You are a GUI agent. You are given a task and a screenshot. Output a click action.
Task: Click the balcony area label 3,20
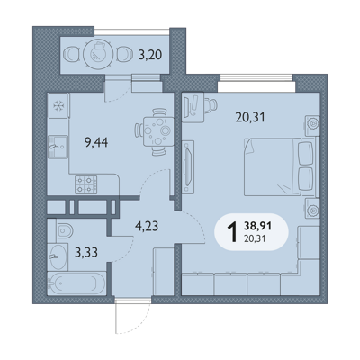coord(150,55)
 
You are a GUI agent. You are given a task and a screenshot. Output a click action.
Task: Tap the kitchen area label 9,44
coord(96,142)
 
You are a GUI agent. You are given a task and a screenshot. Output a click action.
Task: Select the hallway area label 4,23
coord(147,226)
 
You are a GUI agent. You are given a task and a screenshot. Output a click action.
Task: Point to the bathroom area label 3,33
coord(86,253)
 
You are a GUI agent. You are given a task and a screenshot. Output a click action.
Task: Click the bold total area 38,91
coord(258,226)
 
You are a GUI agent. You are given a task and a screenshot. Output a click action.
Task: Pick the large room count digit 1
coord(233,232)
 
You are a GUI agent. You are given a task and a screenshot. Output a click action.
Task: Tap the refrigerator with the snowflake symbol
coord(58,105)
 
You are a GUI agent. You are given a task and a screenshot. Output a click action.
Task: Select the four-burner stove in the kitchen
coord(86,184)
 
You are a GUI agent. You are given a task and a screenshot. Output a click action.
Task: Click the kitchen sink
coord(58,147)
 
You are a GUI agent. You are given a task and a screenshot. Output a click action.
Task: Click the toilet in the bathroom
coord(64,230)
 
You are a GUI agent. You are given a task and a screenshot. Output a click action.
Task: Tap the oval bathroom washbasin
coord(58,256)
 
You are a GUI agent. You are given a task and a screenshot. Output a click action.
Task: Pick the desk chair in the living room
coord(211,104)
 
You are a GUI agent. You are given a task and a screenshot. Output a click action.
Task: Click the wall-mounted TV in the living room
coord(188,166)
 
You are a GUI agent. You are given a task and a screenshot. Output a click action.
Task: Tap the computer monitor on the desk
coord(190,105)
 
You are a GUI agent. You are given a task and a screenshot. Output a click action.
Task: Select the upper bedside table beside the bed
coord(312,124)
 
